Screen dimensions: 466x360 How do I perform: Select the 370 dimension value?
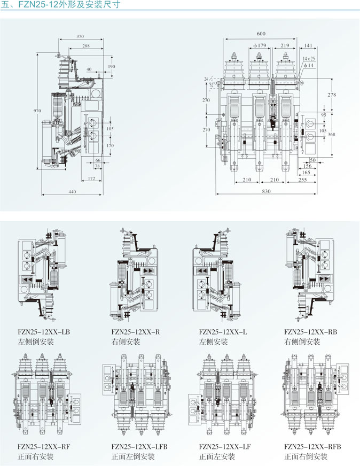click(80, 36)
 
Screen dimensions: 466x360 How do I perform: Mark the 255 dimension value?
click(302, 180)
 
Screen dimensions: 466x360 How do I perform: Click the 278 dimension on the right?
click(332, 95)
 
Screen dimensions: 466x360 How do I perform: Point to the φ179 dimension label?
click(260, 46)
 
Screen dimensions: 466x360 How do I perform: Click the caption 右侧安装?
click(126, 341)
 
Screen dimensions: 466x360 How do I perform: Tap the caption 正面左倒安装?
click(133, 456)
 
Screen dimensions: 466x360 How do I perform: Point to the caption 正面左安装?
click(217, 456)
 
